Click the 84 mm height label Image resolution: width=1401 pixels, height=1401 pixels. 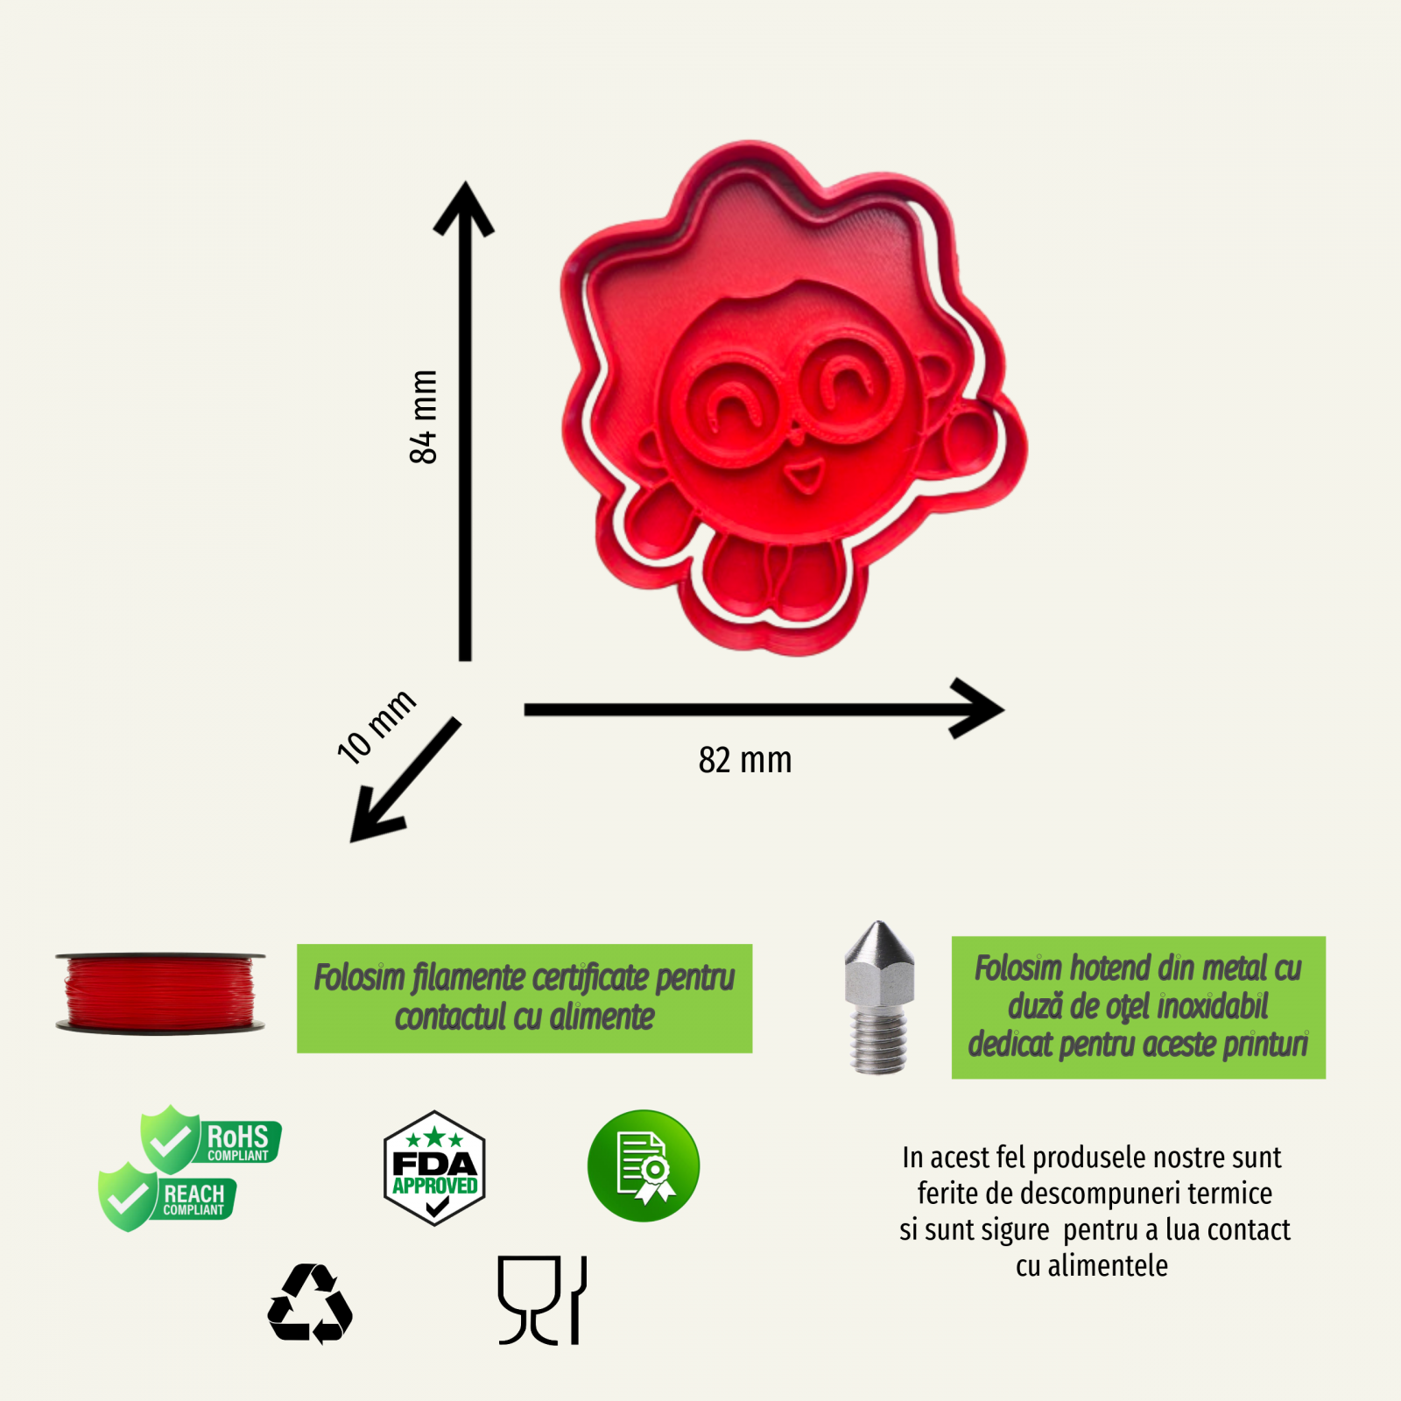423,417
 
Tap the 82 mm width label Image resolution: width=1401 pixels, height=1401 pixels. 745,760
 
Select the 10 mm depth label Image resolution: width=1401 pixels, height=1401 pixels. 377,726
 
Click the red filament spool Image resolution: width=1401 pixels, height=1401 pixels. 160,993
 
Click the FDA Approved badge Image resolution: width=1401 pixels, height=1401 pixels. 434,1168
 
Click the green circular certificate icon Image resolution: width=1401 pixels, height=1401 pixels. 644,1166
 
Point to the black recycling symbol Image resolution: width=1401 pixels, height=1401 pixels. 310,1304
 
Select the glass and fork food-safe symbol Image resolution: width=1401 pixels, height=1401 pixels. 542,1300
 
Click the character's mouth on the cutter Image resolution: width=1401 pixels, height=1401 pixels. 803,477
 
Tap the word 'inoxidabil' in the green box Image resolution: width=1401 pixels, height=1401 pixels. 1213,1007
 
